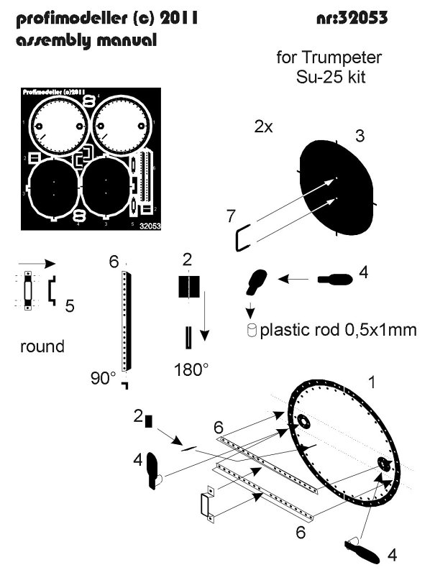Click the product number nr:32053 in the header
pyautogui.click(x=352, y=19)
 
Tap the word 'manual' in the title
pyautogui.click(x=127, y=41)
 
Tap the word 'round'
pyautogui.click(x=42, y=346)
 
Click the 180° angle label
pyautogui.click(x=191, y=369)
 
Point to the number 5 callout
pyautogui.click(x=69, y=306)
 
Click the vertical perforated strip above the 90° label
pyautogui.click(x=127, y=321)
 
